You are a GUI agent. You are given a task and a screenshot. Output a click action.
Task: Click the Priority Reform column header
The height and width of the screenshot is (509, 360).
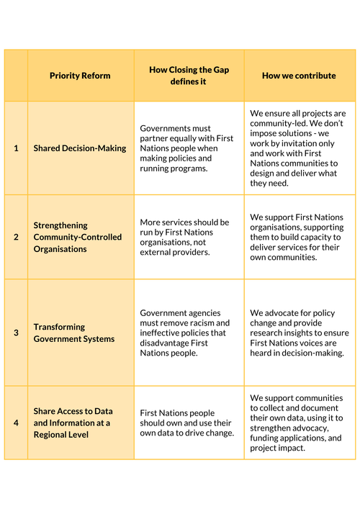click(81, 76)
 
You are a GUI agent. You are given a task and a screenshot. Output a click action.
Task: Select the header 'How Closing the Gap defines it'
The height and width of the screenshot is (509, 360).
click(189, 76)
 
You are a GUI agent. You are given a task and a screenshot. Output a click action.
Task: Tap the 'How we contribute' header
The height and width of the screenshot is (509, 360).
click(299, 76)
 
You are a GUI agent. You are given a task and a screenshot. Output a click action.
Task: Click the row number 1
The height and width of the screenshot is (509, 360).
click(16, 148)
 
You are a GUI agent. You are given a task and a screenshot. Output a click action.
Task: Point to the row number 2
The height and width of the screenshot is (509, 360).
click(16, 237)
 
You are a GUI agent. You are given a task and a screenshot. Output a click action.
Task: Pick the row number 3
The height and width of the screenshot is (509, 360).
click(16, 333)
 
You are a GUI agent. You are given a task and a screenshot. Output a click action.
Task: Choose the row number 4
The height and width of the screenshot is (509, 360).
click(16, 423)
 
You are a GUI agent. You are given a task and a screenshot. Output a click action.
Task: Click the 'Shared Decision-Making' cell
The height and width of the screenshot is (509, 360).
click(80, 148)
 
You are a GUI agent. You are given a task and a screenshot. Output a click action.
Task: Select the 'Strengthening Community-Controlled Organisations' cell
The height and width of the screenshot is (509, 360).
click(78, 237)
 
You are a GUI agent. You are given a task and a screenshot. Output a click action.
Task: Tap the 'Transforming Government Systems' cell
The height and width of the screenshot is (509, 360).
click(74, 333)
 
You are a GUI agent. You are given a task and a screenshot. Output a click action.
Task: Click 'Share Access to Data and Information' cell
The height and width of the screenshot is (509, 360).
click(72, 423)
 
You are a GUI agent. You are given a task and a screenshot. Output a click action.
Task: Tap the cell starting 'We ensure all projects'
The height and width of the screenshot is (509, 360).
click(298, 148)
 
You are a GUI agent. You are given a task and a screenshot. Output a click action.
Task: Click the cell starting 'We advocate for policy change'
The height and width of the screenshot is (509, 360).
click(298, 333)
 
